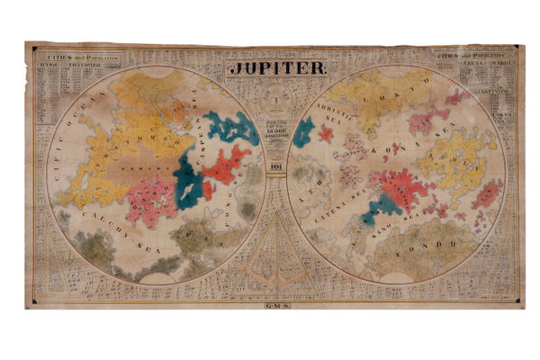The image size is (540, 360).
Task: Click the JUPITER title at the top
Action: pos(272,67)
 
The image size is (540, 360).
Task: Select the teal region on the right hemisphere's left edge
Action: pos(303,132)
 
